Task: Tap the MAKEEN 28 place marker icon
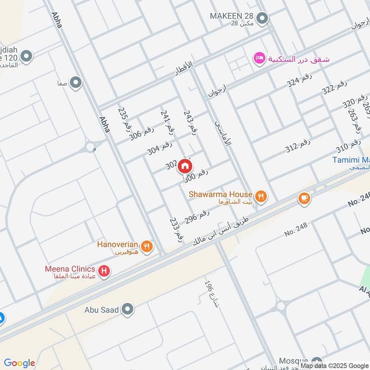[x=263, y=19]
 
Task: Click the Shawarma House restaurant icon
[x=261, y=197]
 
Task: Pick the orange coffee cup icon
[x=304, y=198]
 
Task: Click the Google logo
[x=19, y=363]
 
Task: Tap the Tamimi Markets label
[x=351, y=160]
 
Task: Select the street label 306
[x=142, y=133]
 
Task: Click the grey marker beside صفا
[x=76, y=83]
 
